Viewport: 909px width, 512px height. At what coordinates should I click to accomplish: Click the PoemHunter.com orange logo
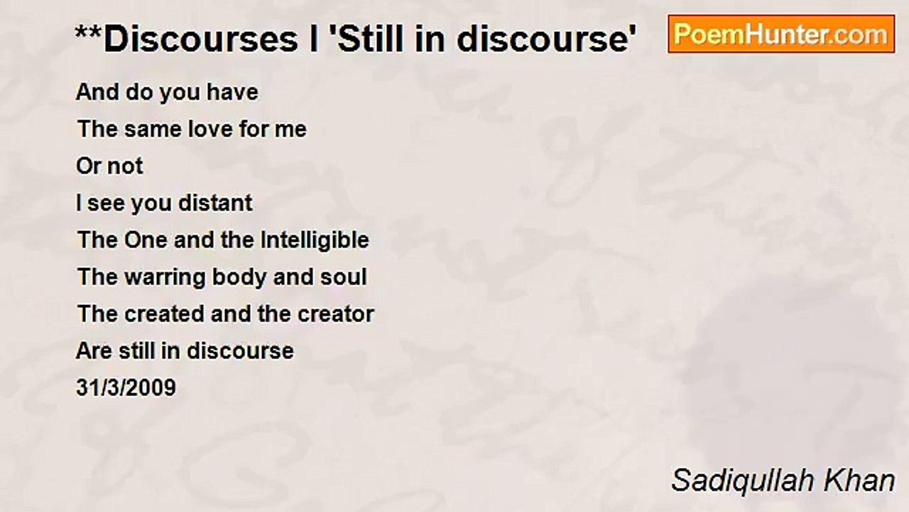click(x=781, y=33)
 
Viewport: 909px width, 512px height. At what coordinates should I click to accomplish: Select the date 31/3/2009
click(x=126, y=388)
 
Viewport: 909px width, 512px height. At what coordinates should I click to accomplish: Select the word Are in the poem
click(x=93, y=351)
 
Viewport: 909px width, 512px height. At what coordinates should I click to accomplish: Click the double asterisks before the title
click(x=88, y=36)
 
